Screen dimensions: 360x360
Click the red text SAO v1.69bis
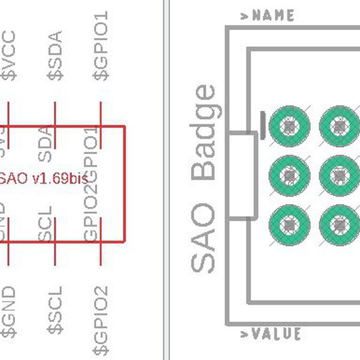click(45, 178)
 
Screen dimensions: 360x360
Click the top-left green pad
click(290, 127)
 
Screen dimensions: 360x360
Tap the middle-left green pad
click(290, 175)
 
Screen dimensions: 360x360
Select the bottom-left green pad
click(290, 224)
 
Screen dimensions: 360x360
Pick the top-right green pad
click(340, 127)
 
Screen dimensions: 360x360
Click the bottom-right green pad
click(340, 224)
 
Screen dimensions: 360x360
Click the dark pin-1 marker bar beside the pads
click(263, 125)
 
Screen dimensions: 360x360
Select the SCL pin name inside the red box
click(47, 224)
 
